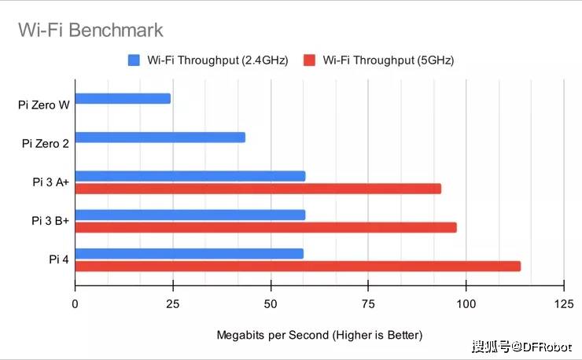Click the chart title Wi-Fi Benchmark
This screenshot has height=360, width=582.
(x=90, y=31)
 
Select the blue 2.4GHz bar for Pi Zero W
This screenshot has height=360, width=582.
(x=123, y=98)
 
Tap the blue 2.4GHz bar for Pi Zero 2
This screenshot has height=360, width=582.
(x=160, y=137)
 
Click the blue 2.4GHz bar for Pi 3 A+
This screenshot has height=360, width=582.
(x=190, y=176)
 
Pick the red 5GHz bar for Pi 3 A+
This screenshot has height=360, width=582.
(x=258, y=189)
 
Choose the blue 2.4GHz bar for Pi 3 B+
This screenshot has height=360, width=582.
(x=190, y=215)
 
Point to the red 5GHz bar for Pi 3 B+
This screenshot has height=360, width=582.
(x=266, y=227)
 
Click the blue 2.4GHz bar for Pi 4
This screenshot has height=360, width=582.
(x=189, y=253)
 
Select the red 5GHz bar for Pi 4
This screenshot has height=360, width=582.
(x=297, y=266)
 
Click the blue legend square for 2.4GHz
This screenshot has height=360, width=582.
(x=133, y=60)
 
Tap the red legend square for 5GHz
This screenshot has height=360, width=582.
(x=309, y=60)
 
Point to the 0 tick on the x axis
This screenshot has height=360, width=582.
(x=76, y=304)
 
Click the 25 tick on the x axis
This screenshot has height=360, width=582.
(x=173, y=304)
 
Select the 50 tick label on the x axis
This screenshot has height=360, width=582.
(x=271, y=304)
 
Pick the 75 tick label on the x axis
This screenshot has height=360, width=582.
(x=368, y=304)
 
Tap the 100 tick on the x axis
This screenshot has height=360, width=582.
(x=466, y=304)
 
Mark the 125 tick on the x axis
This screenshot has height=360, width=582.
(x=563, y=304)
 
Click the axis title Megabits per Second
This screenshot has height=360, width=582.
(x=319, y=335)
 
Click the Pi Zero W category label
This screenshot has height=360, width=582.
(x=44, y=105)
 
